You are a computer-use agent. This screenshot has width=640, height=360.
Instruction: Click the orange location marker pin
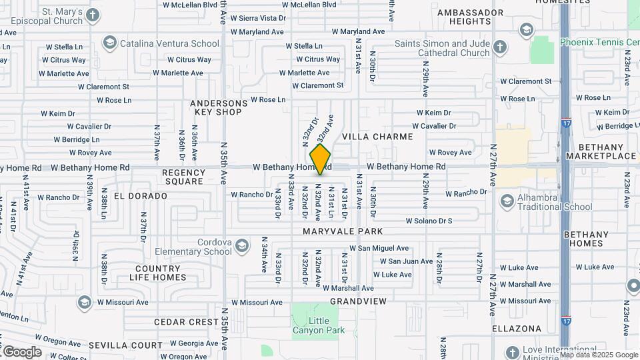click(321, 159)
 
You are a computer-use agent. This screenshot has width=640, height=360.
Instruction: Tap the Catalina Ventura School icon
click(109, 43)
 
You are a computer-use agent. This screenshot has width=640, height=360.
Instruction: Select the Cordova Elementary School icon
click(241, 247)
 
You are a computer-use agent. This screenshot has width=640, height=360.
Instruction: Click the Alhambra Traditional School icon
click(507, 201)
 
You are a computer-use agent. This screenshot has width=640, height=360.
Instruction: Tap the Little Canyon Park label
click(310, 325)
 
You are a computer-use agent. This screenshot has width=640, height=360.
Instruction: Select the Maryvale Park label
click(343, 231)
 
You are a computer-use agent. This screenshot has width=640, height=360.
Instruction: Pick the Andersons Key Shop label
click(219, 107)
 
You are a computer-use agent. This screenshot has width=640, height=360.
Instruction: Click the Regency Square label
click(183, 177)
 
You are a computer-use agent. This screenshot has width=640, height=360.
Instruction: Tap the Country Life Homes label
click(158, 272)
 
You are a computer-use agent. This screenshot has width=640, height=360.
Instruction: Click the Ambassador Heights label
click(471, 17)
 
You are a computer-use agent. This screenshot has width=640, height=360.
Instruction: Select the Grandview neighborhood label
click(358, 301)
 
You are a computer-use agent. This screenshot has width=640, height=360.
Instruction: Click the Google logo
click(21, 351)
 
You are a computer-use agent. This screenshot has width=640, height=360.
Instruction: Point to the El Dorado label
click(140, 196)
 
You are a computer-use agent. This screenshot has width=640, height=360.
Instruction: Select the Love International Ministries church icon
click(513, 351)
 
